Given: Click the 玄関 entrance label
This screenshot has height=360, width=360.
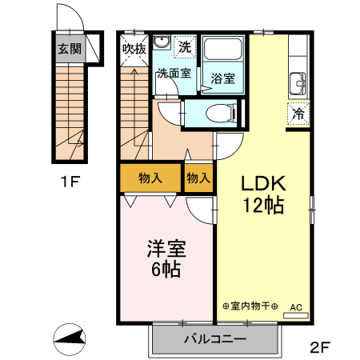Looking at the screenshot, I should pyautogui.click(x=69, y=47).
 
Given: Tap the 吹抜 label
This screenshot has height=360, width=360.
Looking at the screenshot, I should pyautogui.click(x=134, y=48).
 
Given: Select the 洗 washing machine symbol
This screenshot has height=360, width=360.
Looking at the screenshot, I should pyautogui.click(x=185, y=46).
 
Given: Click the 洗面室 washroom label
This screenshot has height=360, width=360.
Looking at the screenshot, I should pyautogui.click(x=173, y=74).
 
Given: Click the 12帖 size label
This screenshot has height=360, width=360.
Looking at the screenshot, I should pyautogui.click(x=264, y=205).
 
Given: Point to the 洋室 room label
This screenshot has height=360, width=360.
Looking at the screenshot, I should pyautogui.click(x=166, y=249).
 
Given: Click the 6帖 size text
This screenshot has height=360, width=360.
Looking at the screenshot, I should pyautogui.click(x=166, y=270).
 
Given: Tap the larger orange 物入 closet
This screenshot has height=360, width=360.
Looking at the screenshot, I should pyautogui.click(x=150, y=178).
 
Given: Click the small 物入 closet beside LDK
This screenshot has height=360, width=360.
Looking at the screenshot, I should pyautogui.click(x=198, y=178).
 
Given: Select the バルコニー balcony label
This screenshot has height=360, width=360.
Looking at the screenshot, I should pyautogui.click(x=215, y=338).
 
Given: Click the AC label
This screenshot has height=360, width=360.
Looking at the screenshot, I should pyautogui.click(x=296, y=306).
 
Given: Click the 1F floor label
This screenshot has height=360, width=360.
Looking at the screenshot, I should pyautogui.click(x=70, y=181).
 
